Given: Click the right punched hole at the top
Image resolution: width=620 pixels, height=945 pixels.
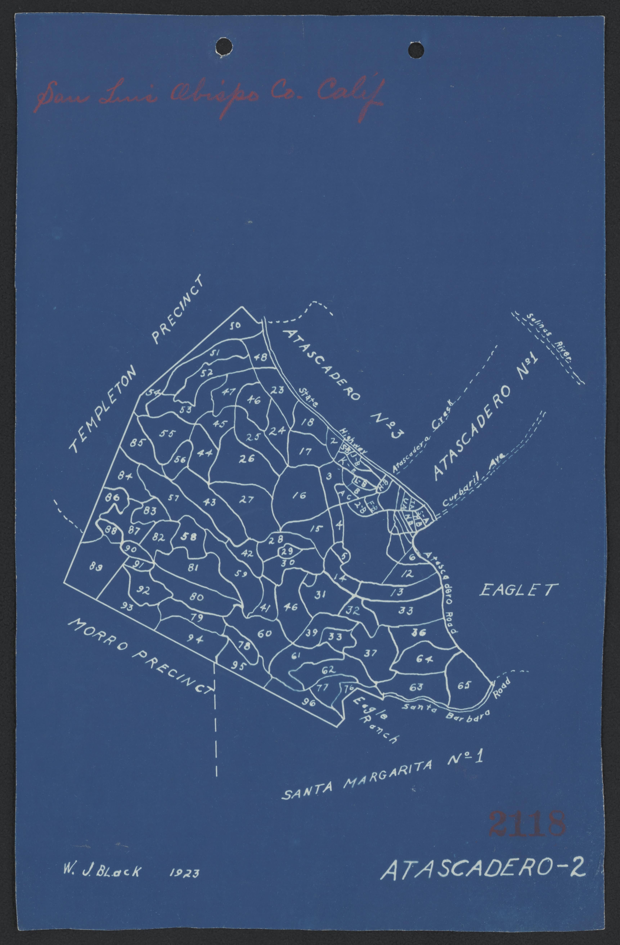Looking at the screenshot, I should coord(416,50).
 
